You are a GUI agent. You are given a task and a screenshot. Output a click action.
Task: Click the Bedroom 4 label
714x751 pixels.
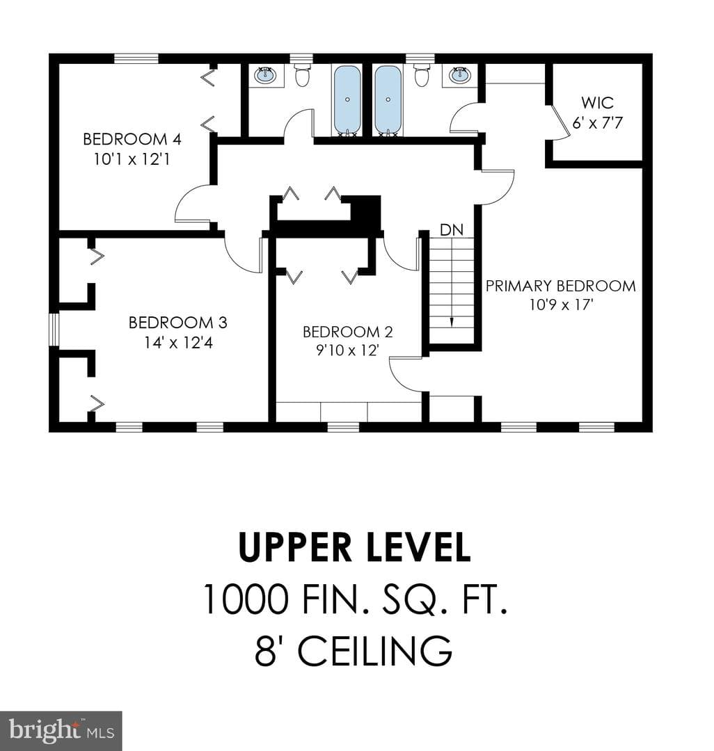(132, 139)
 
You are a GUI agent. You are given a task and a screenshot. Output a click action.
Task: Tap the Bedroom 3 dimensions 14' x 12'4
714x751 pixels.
(178, 343)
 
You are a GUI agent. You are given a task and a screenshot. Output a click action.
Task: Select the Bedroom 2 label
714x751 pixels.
(348, 332)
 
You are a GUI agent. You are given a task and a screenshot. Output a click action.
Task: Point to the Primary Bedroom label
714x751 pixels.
(561, 286)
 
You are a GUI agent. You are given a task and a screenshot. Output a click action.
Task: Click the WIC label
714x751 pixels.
(598, 102)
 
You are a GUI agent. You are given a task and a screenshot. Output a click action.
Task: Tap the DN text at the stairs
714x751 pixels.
(452, 230)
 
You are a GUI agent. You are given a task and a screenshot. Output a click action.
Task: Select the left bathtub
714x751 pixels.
(347, 100)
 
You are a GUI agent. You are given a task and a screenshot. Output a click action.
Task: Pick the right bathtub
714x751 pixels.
(388, 100)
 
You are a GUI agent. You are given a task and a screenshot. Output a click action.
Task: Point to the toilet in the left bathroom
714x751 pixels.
(302, 76)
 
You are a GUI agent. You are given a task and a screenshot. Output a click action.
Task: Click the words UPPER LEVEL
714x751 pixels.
(355, 547)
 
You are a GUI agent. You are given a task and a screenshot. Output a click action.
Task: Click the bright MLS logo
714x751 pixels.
(61, 731)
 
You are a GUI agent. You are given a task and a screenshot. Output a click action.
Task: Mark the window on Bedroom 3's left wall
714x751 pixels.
(54, 329)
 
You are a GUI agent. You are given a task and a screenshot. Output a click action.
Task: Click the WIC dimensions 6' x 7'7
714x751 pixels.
(598, 123)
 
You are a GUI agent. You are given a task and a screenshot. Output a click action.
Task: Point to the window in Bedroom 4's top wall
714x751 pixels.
(136, 58)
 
